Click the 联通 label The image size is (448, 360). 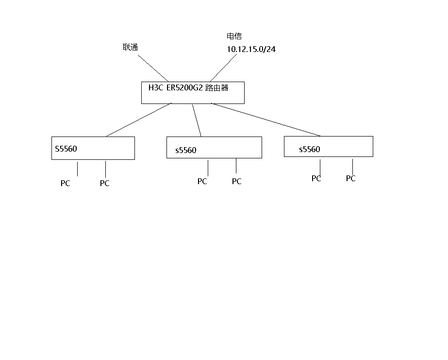tap(130, 47)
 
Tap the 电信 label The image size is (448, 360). tap(234, 36)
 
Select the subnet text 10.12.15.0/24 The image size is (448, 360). tap(251, 49)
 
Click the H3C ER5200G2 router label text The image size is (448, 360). tap(188, 87)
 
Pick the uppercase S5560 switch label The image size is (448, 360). tap(66, 149)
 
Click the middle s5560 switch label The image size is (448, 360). tap(186, 150)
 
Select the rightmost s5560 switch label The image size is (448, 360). tap(310, 149)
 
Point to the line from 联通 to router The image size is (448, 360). tap(153, 68)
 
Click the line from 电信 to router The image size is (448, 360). tap(223, 68)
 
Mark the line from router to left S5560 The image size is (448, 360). tap(139, 120)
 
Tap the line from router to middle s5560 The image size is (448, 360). tap(197, 120)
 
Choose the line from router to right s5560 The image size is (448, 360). tap(265, 120)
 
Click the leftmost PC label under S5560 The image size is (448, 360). tap(66, 183)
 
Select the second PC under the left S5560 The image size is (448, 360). tap(105, 183)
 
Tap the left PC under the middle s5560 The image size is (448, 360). tap(202, 181)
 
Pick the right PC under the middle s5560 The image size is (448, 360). tap(237, 181)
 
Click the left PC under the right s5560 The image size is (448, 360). tap(316, 178)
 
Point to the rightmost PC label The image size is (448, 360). tap(351, 178)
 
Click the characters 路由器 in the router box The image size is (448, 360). tap(217, 88)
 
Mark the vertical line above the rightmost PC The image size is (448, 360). tap(352, 167)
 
